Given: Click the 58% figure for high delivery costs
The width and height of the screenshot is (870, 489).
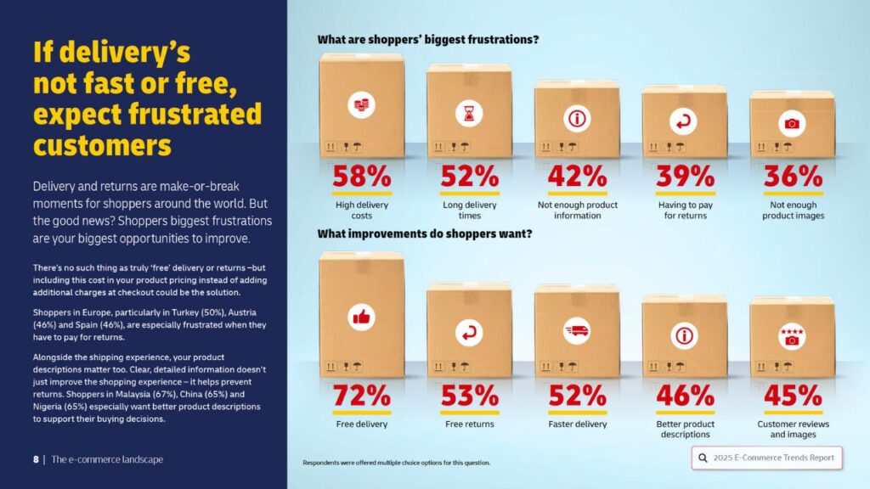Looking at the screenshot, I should [x=361, y=176].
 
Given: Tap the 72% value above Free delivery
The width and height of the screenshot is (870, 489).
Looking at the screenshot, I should [x=361, y=396].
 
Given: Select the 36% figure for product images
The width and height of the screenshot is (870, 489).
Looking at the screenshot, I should [x=792, y=176].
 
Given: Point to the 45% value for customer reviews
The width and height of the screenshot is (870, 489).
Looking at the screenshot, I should [x=792, y=396].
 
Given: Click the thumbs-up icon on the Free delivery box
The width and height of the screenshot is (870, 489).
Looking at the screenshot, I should [x=361, y=318].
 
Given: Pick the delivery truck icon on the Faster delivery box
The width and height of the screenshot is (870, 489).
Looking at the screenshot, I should [x=577, y=331].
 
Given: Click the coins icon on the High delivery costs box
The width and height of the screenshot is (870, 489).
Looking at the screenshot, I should [x=361, y=105].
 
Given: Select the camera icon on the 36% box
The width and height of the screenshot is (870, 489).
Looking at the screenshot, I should [x=792, y=124].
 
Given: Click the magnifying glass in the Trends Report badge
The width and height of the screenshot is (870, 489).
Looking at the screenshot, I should [x=703, y=458].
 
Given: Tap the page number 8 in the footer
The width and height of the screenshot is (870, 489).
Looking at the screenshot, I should [x=36, y=459].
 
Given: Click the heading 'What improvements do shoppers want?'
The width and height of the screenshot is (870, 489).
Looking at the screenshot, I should [x=425, y=233].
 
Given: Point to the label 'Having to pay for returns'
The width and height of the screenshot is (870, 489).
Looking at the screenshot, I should [x=684, y=210].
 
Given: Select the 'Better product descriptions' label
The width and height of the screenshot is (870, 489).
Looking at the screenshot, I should [x=684, y=429].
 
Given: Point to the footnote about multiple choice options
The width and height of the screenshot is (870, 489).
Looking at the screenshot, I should [x=396, y=463].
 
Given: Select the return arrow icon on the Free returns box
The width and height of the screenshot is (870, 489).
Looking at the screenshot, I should [x=469, y=333].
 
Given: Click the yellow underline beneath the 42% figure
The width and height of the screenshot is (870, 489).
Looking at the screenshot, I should [x=577, y=193].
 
